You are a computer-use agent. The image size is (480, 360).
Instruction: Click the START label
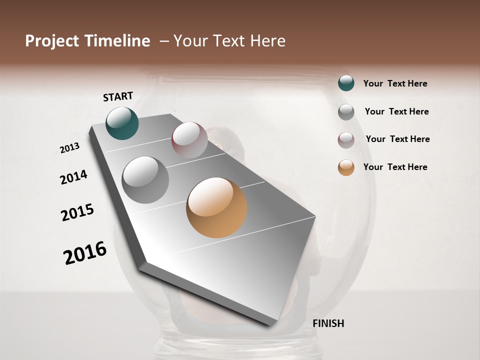pos(118,96)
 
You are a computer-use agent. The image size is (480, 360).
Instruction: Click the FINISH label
pos(328,323)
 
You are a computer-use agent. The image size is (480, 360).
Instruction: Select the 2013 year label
pos(70,147)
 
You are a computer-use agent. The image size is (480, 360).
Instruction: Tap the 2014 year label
pos(73,177)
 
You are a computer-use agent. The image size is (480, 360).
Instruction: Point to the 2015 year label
pos(77,212)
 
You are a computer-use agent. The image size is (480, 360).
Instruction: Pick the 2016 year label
pos(85,252)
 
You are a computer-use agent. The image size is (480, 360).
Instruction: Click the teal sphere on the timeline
pos(122,123)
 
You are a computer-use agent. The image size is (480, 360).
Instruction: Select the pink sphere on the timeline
pos(189,139)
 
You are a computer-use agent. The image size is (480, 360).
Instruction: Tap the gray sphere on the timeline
pos(145,179)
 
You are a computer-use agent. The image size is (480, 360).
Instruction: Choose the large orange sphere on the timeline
pos(216,207)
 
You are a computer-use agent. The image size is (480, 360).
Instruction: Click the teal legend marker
pos(346,83)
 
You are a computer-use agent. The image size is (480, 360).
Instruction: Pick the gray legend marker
pos(346,112)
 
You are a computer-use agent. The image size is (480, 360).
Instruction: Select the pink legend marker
pos(346,140)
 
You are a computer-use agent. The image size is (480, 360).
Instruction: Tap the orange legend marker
pos(346,167)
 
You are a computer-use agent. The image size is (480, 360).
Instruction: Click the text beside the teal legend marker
pos(395,83)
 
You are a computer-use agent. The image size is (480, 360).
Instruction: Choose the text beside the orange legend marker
pos(395,167)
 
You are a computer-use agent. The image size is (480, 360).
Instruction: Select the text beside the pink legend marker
pos(397,139)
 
